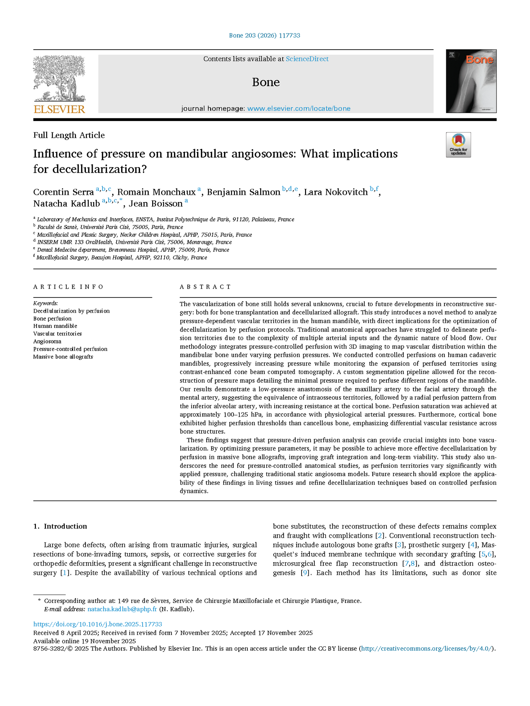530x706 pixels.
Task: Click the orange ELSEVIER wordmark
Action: point(59,109)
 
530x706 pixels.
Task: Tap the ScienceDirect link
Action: point(307,59)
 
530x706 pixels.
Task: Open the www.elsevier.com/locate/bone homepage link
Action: point(299,109)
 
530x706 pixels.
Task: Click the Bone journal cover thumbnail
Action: point(471,81)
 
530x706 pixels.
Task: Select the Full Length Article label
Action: point(69,135)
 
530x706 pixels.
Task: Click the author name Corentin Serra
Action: point(63,192)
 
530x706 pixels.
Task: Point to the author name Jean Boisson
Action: point(155,204)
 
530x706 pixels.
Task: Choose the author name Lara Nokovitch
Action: point(335,192)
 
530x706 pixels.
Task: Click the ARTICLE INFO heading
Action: point(68,287)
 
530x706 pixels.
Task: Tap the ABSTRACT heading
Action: point(205,287)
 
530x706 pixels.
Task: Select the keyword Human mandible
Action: point(55,326)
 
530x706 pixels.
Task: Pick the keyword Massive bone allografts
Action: point(63,357)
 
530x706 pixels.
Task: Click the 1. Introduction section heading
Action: point(60,526)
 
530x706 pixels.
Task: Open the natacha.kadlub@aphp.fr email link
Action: point(122,609)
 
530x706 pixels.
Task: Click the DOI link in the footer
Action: point(98,624)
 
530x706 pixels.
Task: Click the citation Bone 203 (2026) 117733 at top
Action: point(265,36)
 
